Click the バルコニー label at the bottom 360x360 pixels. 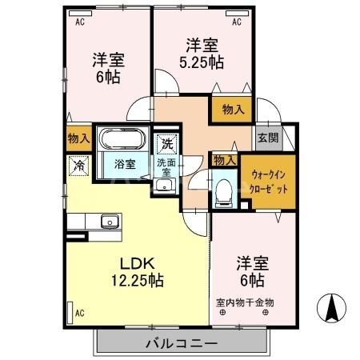(x=182, y=343)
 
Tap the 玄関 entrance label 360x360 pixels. (x=268, y=137)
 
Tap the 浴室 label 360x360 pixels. (x=124, y=166)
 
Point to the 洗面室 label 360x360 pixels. (x=166, y=166)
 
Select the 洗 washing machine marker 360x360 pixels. (x=166, y=145)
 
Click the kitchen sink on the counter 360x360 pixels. (x=110, y=222)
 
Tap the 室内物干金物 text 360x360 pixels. (x=246, y=302)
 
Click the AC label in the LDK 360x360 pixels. (x=79, y=313)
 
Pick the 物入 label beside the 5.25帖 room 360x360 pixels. (x=233, y=110)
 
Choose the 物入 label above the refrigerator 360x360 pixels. (x=78, y=138)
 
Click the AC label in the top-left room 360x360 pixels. (x=79, y=23)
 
